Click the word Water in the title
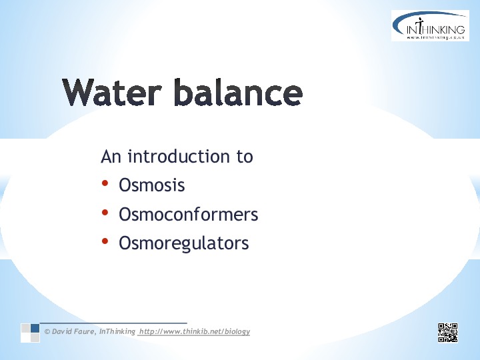point(112,92)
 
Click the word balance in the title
point(238,91)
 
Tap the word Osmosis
point(152,185)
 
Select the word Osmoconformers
point(189,214)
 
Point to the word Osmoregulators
point(184,243)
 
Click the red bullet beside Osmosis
point(105,183)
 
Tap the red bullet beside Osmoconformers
point(105,212)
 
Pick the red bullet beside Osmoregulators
point(105,241)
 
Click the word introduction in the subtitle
point(179,156)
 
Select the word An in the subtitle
point(111,157)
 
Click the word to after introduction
point(245,157)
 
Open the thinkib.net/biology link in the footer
point(195,331)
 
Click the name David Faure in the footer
point(73,331)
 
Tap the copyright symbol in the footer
point(47,331)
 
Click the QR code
point(448,333)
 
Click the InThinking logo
point(430,25)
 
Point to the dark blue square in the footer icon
point(35,328)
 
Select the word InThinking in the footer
point(117,331)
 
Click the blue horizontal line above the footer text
point(113,323)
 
